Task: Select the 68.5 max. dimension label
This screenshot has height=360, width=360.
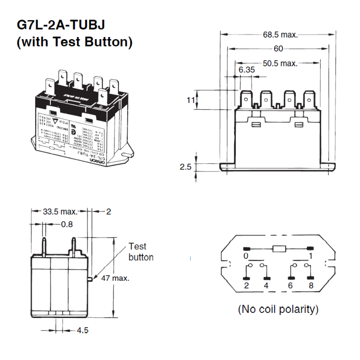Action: (x=280, y=35)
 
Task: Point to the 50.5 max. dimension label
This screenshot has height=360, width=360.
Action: (x=280, y=64)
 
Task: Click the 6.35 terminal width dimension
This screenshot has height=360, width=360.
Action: (x=247, y=70)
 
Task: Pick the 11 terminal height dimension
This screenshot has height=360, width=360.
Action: (x=191, y=100)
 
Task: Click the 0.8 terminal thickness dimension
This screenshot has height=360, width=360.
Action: (x=67, y=224)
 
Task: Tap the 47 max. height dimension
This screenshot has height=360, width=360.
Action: (x=115, y=278)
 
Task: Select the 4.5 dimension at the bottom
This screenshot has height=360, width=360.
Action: (x=82, y=330)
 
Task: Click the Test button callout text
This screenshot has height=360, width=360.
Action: (x=140, y=252)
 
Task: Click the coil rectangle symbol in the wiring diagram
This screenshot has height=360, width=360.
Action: (x=279, y=249)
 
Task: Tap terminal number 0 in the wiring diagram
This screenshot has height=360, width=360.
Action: (x=246, y=256)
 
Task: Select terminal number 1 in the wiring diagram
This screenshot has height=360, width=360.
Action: (x=310, y=256)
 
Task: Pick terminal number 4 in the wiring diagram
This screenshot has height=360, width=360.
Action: (x=266, y=286)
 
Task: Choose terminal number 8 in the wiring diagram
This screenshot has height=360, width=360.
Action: (x=310, y=286)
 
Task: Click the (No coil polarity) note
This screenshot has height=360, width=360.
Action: (x=278, y=309)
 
